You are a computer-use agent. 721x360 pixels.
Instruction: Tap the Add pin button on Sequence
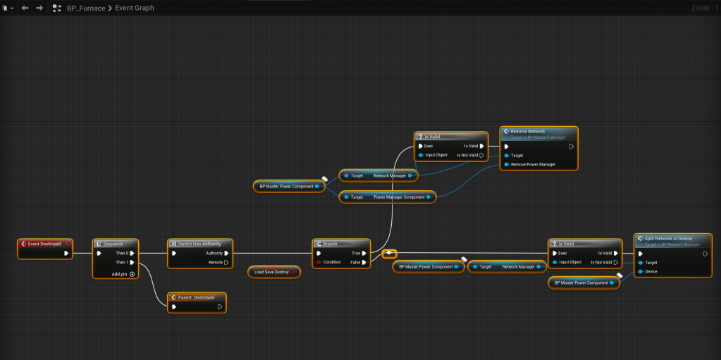click(132, 273)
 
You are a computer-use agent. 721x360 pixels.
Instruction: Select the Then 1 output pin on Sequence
click(132, 262)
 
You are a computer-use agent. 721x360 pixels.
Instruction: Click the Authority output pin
click(226, 253)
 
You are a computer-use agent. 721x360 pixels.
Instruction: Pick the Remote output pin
click(226, 262)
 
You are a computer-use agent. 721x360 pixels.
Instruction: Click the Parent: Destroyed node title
click(197, 297)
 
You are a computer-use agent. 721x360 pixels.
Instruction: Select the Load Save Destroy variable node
click(273, 271)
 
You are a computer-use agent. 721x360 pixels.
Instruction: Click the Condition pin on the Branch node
click(320, 262)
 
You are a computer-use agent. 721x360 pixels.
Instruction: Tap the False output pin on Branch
click(364, 262)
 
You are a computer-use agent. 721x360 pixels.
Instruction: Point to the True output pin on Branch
click(364, 253)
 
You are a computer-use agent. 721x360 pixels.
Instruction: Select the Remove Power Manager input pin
click(507, 164)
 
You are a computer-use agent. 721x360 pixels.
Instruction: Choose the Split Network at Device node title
click(668, 238)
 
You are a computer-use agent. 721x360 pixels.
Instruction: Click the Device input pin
click(640, 271)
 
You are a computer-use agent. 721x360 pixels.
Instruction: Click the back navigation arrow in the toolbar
click(25, 8)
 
